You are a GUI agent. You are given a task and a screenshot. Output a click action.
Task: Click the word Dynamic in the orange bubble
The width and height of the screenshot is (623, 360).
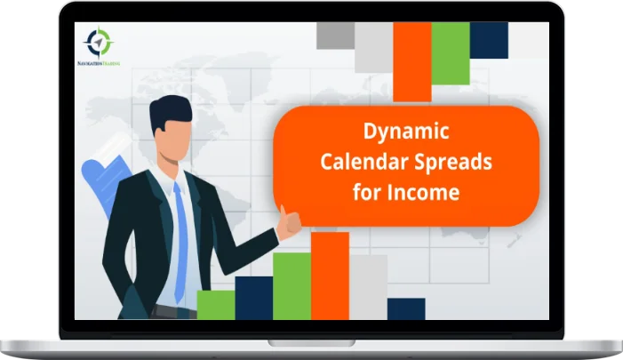click(x=406, y=132)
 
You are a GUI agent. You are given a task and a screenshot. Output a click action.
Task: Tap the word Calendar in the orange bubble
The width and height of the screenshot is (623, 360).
click(x=365, y=162)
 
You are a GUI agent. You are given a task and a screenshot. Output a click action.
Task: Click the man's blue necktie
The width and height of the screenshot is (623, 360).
click(x=183, y=231)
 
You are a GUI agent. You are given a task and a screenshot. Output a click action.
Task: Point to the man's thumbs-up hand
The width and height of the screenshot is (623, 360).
click(x=288, y=220)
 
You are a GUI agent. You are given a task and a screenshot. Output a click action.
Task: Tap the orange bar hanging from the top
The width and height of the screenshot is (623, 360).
click(x=411, y=60)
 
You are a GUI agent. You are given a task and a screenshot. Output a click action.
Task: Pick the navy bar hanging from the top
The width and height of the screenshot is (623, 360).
click(x=489, y=40)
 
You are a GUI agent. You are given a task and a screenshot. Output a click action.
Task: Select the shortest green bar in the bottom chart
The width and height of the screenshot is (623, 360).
click(x=215, y=304)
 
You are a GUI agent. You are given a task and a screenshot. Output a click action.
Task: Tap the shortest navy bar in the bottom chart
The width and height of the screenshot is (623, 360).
click(x=406, y=308)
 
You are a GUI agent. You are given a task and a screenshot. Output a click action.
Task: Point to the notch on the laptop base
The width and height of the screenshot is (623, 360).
click(x=311, y=341)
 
